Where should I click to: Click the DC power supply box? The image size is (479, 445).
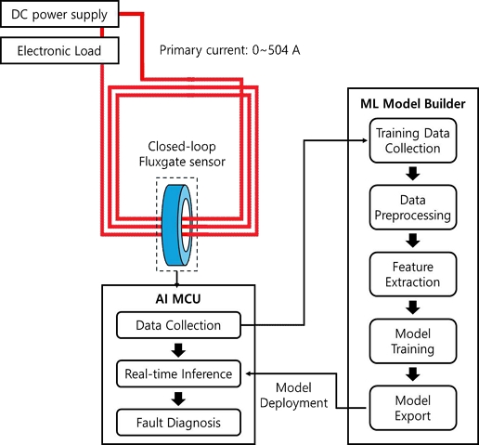[59, 14]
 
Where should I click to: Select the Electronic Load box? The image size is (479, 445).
[59, 50]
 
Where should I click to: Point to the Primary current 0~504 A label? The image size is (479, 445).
[229, 50]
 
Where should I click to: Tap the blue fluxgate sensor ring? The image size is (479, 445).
[177, 225]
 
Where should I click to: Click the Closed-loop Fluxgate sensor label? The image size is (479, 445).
[182, 154]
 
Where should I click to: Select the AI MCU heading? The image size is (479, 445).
[178, 299]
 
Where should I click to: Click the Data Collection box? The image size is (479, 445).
[178, 325]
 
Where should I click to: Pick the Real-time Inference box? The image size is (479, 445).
[178, 373]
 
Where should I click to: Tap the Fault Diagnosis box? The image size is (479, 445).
[178, 423]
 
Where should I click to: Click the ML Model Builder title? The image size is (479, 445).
[413, 104]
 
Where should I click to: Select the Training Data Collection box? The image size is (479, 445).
[413, 140]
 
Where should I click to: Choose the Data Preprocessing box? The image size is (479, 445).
[413, 207]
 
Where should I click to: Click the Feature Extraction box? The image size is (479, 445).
[413, 274]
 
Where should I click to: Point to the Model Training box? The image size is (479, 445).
[413, 341]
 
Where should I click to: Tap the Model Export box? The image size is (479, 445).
[413, 408]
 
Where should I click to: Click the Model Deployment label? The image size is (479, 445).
[293, 395]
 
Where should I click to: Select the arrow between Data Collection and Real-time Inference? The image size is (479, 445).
[178, 349]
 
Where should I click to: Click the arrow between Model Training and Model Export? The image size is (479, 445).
[413, 374]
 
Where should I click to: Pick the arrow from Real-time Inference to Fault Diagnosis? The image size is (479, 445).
[178, 399]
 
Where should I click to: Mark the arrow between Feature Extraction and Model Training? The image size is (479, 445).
[413, 308]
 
